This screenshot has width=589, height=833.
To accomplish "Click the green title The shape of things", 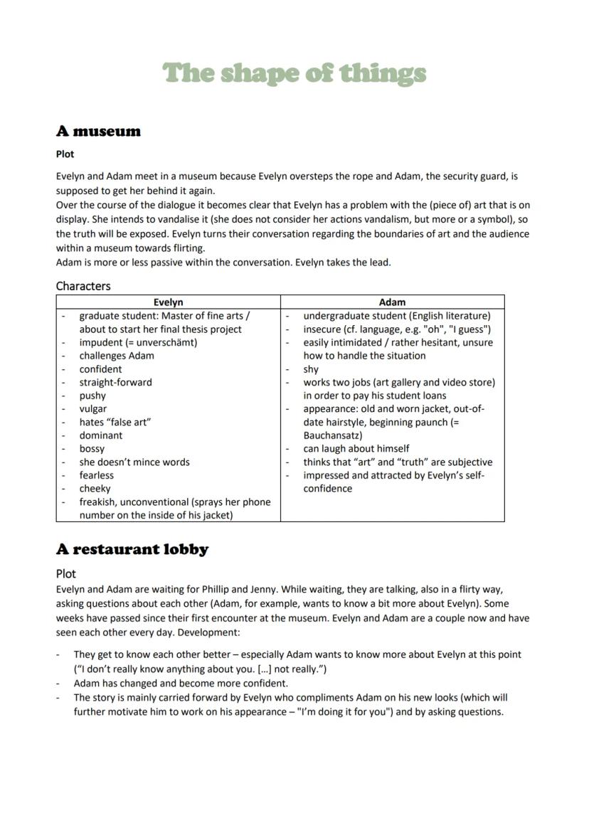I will click(x=294, y=73).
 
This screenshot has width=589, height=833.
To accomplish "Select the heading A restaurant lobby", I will click(x=132, y=549).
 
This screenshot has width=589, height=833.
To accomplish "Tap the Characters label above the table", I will click(x=83, y=286).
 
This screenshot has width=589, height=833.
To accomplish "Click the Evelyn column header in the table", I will click(x=168, y=302).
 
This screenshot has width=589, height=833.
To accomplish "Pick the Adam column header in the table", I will click(x=392, y=302).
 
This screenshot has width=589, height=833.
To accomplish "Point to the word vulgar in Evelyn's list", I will click(x=93, y=409).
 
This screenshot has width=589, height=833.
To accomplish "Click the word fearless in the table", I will click(x=96, y=475).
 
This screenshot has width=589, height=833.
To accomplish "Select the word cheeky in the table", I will click(x=95, y=489).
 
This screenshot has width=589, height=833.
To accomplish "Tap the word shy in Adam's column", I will click(x=311, y=369).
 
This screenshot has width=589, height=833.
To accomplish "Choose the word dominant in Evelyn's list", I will click(x=100, y=435).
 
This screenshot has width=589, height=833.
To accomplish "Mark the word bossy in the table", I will click(x=92, y=449).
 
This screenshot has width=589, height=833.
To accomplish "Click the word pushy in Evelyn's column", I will click(x=92, y=396).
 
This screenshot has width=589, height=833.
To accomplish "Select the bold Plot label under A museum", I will click(x=65, y=154).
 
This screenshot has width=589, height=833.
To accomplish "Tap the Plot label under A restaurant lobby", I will click(x=66, y=573).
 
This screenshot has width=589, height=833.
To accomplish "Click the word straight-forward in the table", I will click(x=115, y=383).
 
